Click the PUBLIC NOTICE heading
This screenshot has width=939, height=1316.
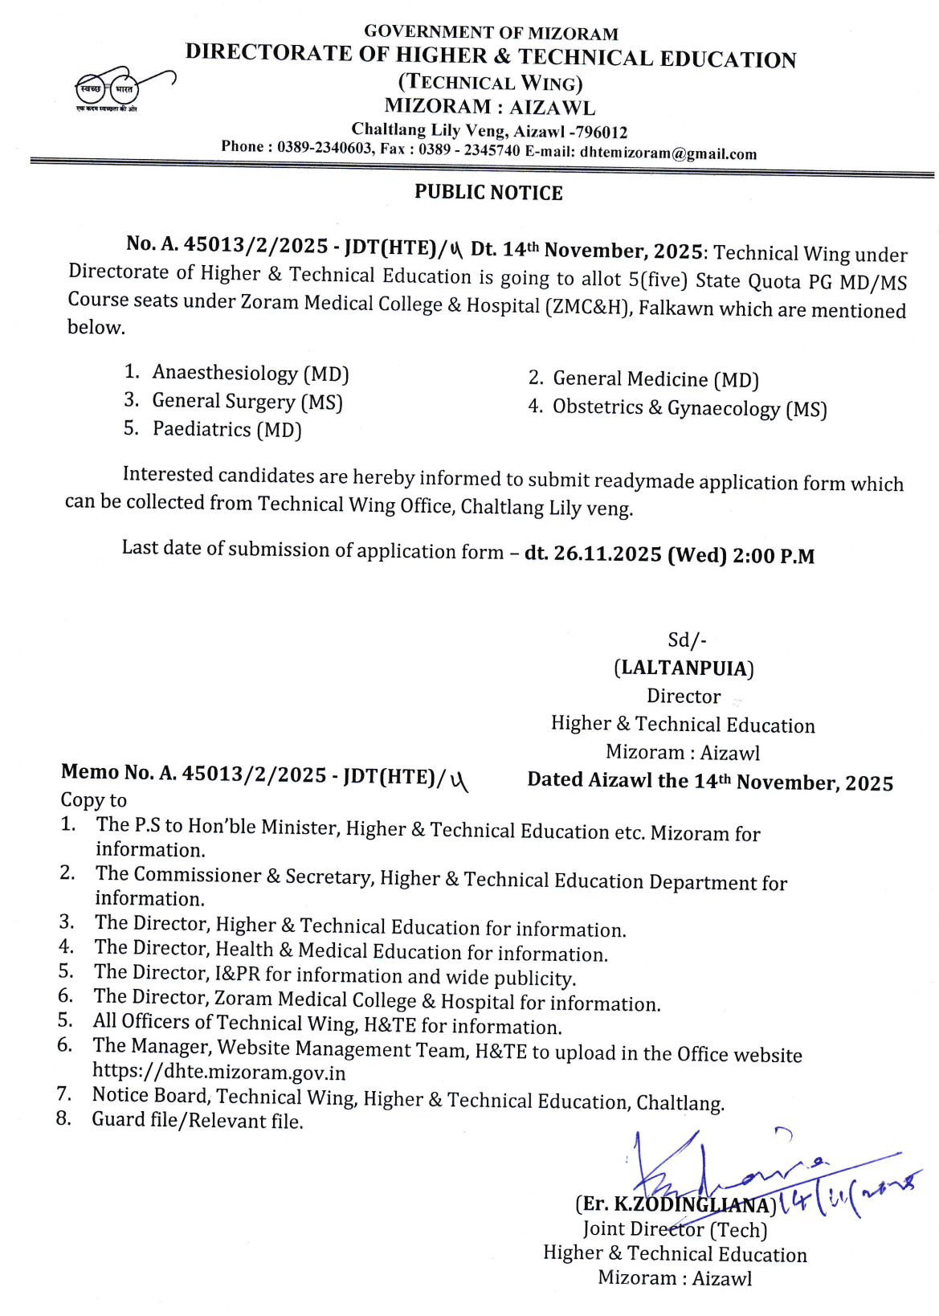pos(488,193)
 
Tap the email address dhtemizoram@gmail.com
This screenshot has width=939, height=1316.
pos(668,153)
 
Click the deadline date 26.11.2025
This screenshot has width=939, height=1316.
pos(596,554)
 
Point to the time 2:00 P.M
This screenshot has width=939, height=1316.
pos(774,556)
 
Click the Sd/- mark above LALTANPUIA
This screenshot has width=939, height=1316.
pos(687,640)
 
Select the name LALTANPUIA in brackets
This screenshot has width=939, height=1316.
pos(684,668)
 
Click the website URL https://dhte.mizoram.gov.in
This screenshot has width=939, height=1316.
pos(219,1072)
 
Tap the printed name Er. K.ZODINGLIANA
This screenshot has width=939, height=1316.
pos(675,1204)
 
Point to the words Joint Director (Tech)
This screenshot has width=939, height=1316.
pos(675,1229)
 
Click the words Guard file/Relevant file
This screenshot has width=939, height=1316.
pos(198,1121)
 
